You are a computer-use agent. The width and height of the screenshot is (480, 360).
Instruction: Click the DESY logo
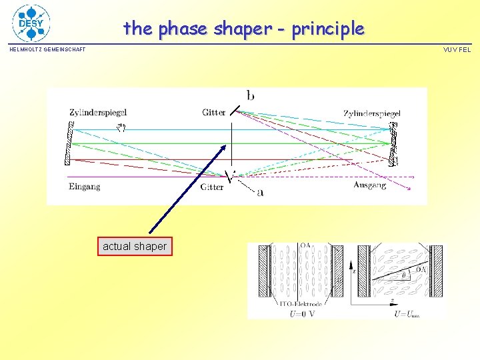point(31,23)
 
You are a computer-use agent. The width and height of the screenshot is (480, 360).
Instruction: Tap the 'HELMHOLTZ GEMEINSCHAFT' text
point(47,50)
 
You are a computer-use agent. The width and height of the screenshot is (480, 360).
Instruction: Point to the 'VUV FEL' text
point(457,50)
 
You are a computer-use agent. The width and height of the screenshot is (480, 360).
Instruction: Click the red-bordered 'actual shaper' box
point(135,247)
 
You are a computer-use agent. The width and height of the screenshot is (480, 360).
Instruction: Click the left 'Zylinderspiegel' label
point(97,113)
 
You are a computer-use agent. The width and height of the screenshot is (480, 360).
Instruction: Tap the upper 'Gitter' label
point(213,113)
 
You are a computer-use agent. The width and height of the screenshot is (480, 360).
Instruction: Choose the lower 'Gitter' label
point(212,187)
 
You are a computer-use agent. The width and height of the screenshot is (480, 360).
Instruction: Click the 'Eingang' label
point(85,186)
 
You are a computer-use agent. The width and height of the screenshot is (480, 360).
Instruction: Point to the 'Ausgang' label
point(369,185)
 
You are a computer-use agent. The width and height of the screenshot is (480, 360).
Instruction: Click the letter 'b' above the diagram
point(250,96)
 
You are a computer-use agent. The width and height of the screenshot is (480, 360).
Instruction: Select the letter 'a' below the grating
point(260,192)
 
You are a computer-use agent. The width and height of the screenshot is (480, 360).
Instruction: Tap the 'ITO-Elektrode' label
point(302,304)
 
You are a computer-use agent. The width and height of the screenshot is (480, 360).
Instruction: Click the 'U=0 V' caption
point(302,313)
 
